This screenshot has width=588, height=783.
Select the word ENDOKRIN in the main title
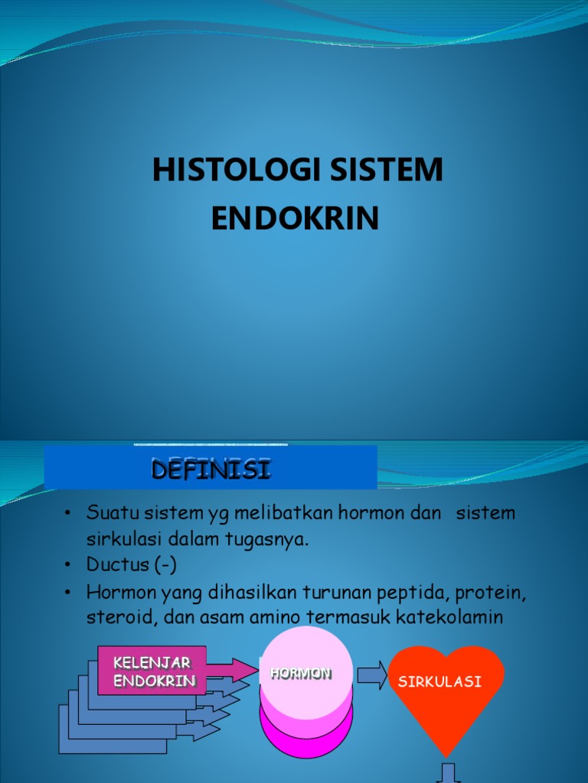295,219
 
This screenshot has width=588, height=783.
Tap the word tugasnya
266,538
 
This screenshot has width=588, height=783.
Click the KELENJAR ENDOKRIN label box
152,671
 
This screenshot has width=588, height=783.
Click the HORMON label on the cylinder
300,674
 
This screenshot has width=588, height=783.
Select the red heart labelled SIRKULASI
447,692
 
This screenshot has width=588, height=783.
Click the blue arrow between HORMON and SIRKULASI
372,676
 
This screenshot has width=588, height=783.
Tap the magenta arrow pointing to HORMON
234,671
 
